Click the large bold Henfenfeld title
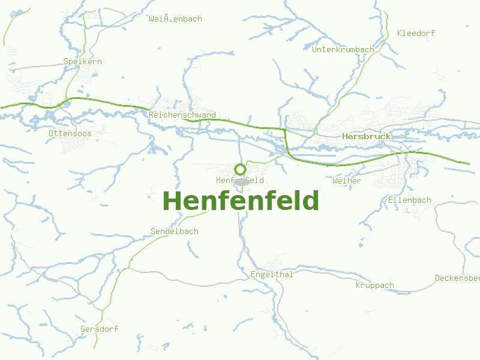coord(241,201)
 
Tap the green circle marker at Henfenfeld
coord(240,169)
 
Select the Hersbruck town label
coord(366,136)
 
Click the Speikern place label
coord(83,61)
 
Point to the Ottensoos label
coord(70,133)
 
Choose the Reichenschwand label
coord(182,115)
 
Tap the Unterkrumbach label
coord(343,49)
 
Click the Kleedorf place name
coord(416,33)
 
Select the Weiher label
coord(347,181)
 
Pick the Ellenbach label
coord(410,200)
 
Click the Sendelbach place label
coord(174,231)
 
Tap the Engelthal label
coord(271,275)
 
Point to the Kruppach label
coord(374,285)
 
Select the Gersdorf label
coord(99,329)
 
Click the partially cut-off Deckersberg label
coord(457,278)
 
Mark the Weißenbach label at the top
coord(175,19)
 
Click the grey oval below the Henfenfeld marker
coord(241,181)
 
